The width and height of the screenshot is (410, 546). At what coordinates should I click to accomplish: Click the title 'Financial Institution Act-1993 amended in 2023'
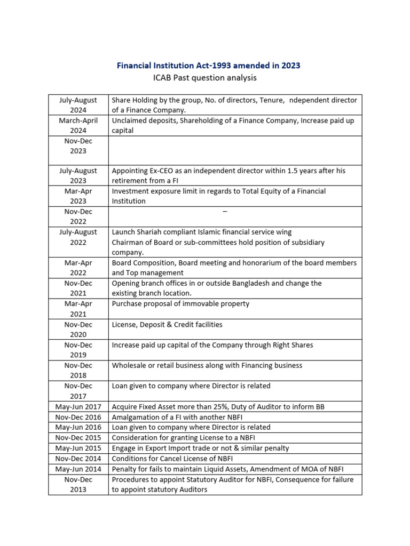click(x=208, y=66)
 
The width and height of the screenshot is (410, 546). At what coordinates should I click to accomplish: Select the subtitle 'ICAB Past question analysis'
click(x=204, y=78)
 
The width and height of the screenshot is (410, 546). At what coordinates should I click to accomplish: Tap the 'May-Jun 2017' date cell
click(x=78, y=407)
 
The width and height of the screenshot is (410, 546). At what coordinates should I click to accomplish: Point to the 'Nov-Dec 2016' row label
click(x=78, y=417)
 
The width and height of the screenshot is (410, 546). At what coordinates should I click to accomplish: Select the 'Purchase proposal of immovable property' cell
click(x=180, y=304)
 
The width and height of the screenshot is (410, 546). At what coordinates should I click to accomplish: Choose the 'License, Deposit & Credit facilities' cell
click(x=167, y=324)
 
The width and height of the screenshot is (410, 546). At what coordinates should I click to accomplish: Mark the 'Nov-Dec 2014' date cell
click(x=78, y=459)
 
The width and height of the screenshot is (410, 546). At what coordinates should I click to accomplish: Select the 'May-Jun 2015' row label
click(x=78, y=448)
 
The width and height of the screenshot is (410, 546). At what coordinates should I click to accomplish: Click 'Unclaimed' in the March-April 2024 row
click(x=130, y=121)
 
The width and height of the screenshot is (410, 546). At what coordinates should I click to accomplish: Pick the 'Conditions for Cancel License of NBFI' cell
click(x=172, y=459)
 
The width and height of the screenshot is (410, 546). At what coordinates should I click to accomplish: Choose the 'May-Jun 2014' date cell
click(x=78, y=469)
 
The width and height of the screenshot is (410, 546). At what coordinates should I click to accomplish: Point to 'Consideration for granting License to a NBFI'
click(x=184, y=438)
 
